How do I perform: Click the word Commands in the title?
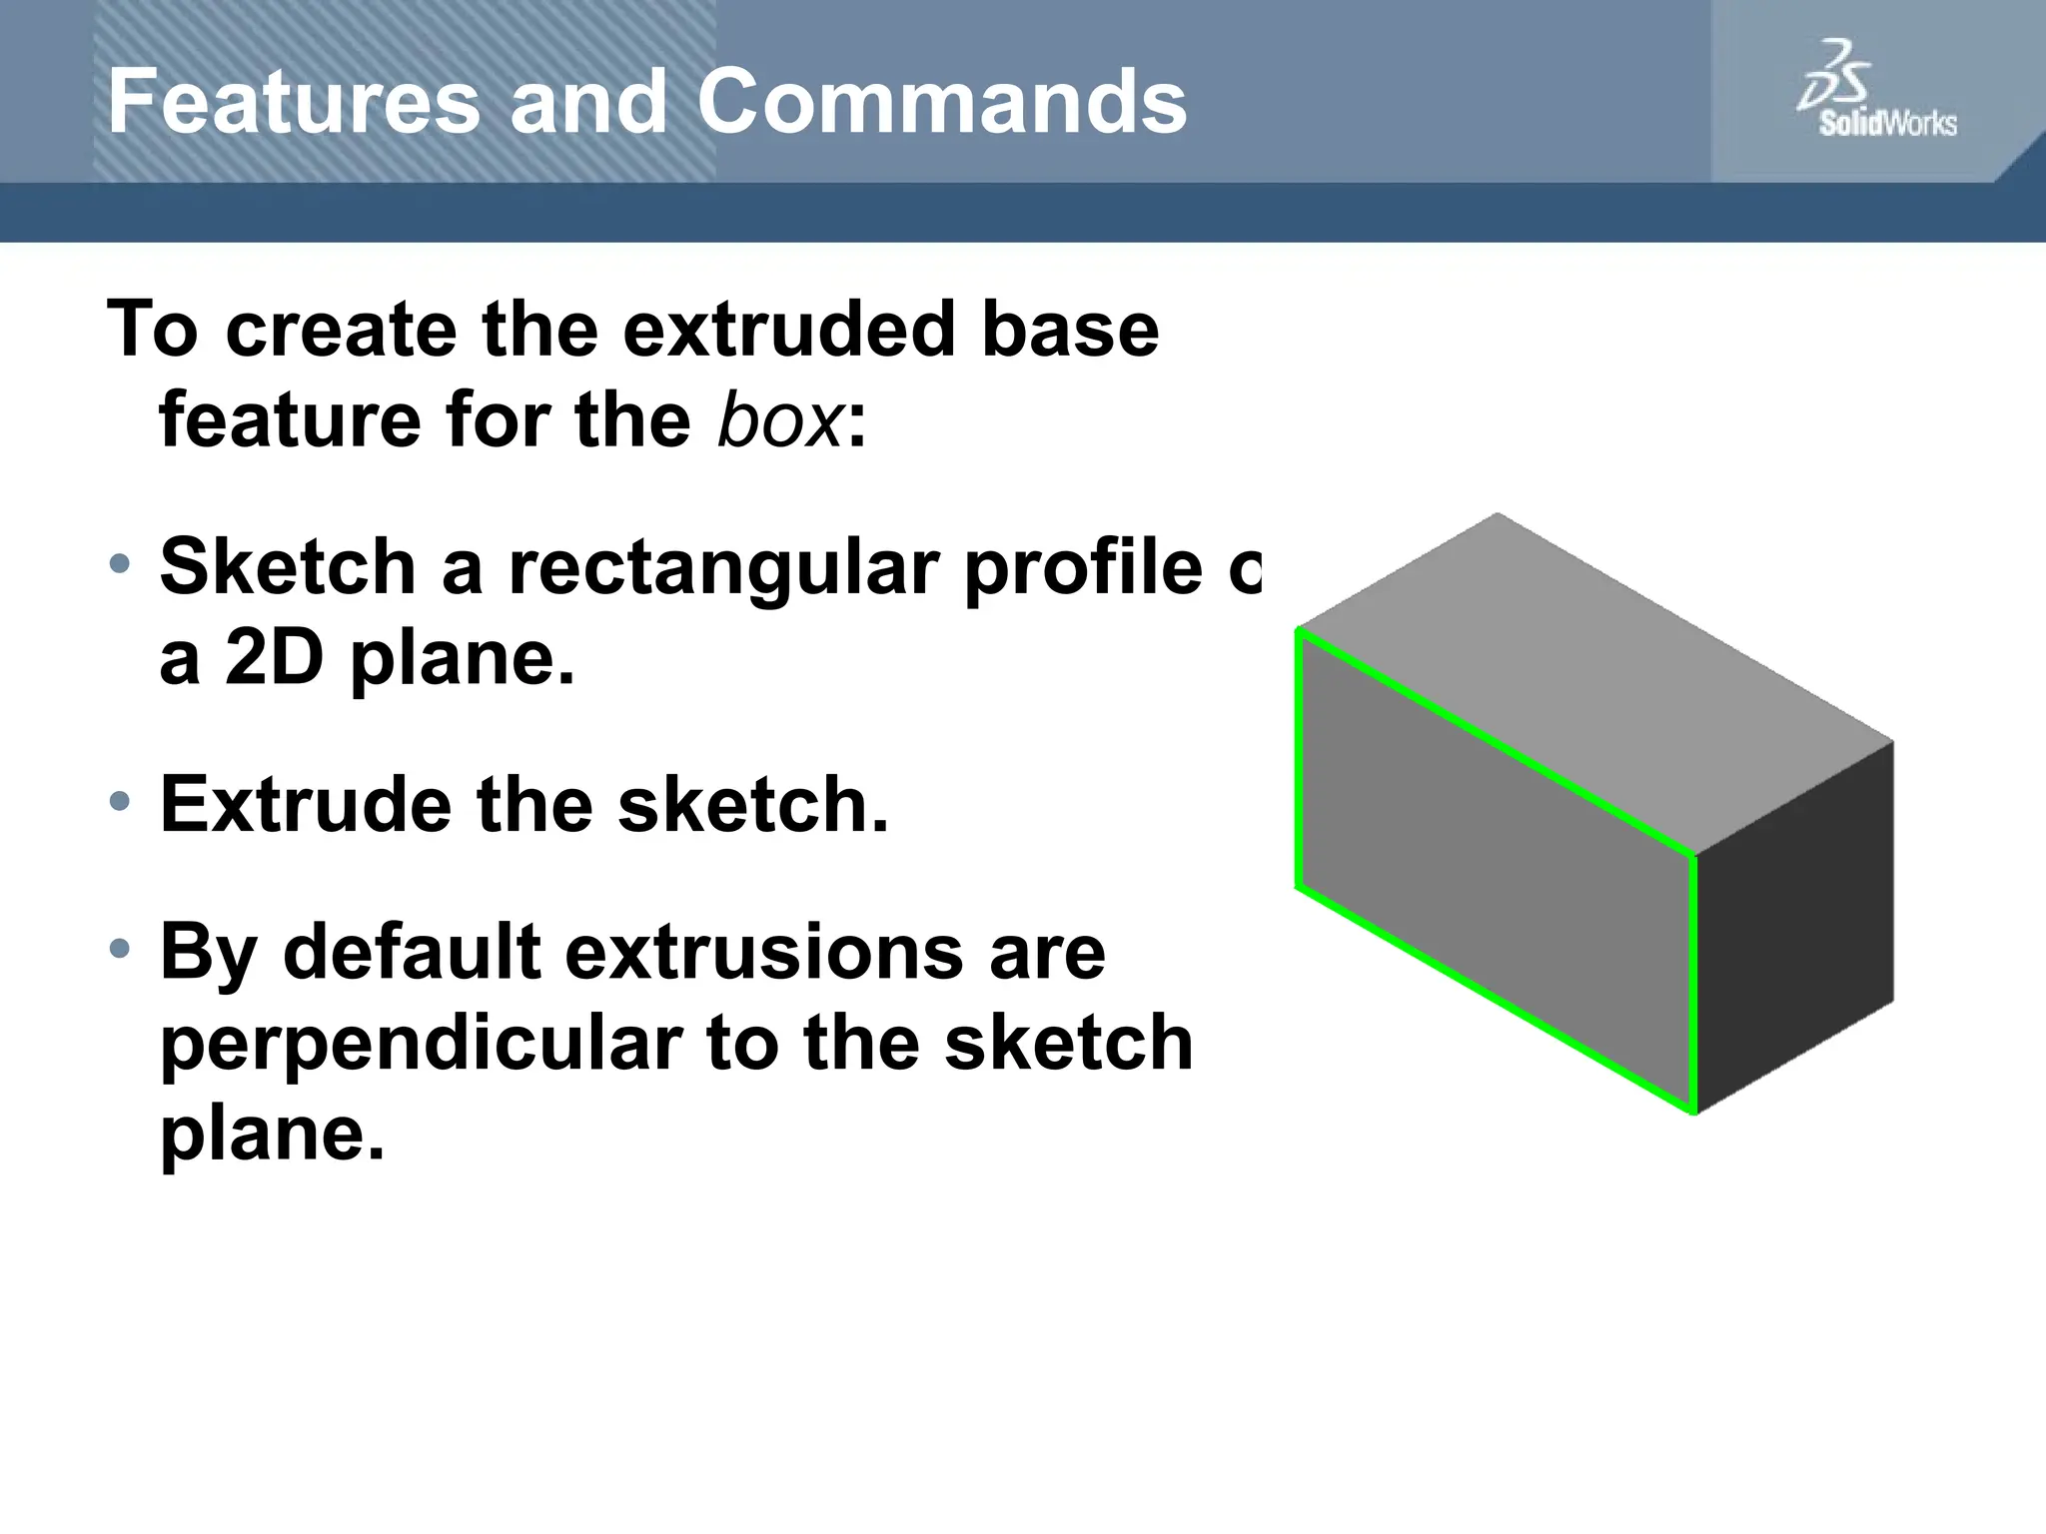[x=941, y=102]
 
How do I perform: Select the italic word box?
[x=780, y=419]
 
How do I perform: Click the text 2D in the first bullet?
[x=274, y=659]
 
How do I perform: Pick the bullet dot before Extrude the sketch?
[x=120, y=801]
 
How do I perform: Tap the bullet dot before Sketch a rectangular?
[x=120, y=564]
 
